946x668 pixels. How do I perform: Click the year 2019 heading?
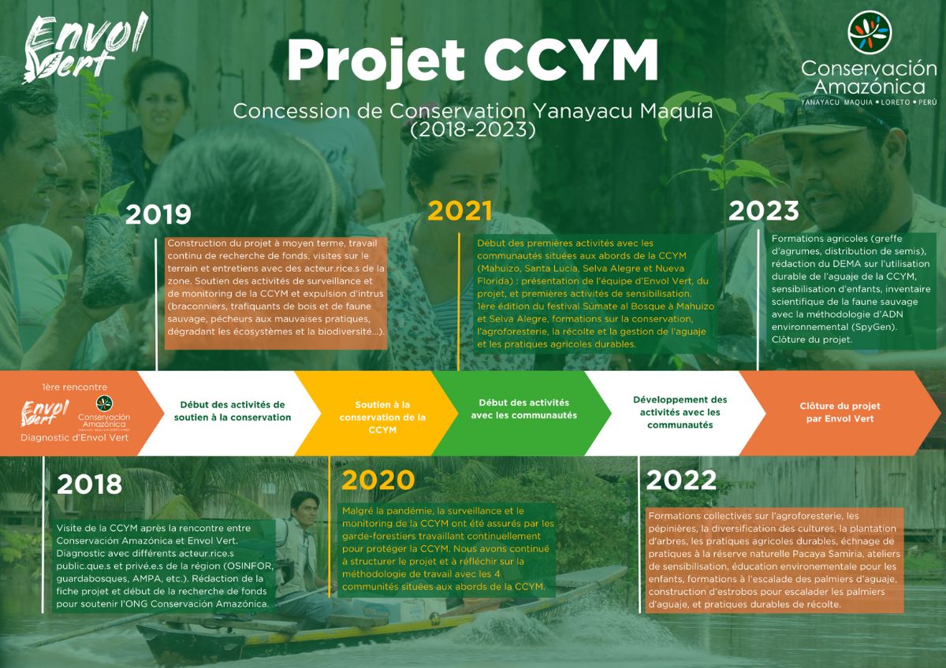158,214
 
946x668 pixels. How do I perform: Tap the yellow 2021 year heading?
460,211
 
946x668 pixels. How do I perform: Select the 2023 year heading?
764,210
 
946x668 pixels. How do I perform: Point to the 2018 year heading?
90,484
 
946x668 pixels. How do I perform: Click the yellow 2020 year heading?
378,481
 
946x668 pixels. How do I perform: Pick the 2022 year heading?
681,481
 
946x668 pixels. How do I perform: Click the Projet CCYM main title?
472,61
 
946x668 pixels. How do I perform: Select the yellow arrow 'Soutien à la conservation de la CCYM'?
377,414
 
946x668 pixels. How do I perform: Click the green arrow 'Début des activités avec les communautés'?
522,414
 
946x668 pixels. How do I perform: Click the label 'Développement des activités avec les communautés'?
680,412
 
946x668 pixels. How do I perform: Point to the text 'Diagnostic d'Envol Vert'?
75,438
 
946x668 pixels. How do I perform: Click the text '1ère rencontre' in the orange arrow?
75,387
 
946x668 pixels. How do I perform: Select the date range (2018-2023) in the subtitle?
472,129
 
